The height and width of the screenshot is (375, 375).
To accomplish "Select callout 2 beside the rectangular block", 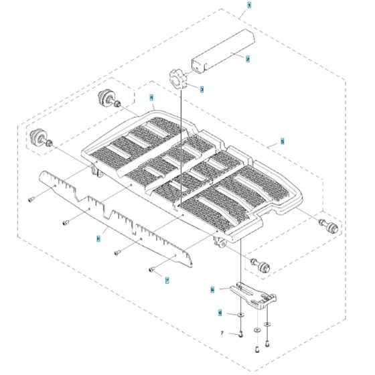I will [248, 59].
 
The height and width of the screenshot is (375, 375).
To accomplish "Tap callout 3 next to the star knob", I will [202, 88].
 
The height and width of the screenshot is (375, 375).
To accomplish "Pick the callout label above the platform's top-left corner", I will [152, 97].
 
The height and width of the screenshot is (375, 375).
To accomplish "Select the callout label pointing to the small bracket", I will [212, 290].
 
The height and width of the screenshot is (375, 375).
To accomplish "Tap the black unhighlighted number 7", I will [222, 333].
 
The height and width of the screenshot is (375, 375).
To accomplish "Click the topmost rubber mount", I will [107, 98].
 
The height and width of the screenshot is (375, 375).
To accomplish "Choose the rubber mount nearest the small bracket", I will [260, 265].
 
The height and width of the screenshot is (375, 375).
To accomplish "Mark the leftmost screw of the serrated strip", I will [31, 199].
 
